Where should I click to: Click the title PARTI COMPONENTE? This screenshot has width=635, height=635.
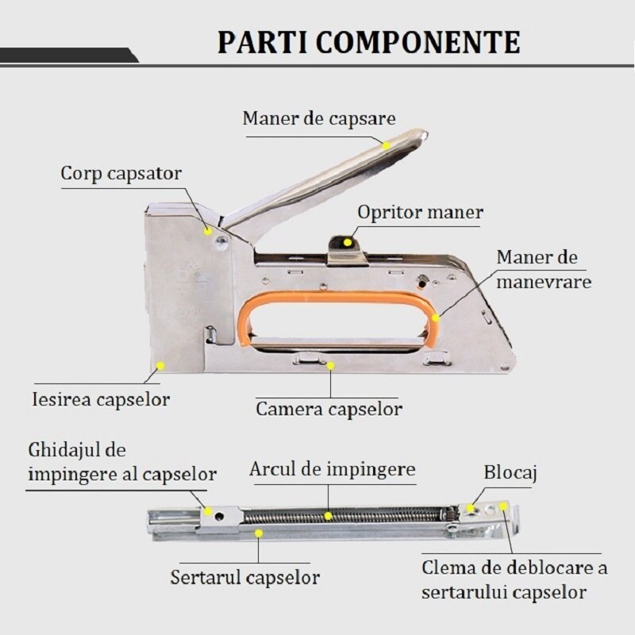[x=369, y=40]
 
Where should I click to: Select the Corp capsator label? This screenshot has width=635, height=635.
[x=121, y=173]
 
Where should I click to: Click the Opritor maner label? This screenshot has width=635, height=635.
[x=420, y=213]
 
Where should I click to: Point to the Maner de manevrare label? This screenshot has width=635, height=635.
[x=544, y=270]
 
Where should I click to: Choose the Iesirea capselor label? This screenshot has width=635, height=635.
[x=101, y=398]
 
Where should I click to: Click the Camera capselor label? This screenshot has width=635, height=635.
[x=329, y=410]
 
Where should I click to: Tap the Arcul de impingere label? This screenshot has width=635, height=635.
[x=333, y=469]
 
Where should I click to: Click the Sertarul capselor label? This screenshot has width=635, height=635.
[x=244, y=576]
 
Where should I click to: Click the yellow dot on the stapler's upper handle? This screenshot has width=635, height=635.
[x=386, y=145]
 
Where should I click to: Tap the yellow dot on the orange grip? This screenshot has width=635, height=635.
[x=436, y=317]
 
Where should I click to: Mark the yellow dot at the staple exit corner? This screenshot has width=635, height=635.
[x=160, y=366]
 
